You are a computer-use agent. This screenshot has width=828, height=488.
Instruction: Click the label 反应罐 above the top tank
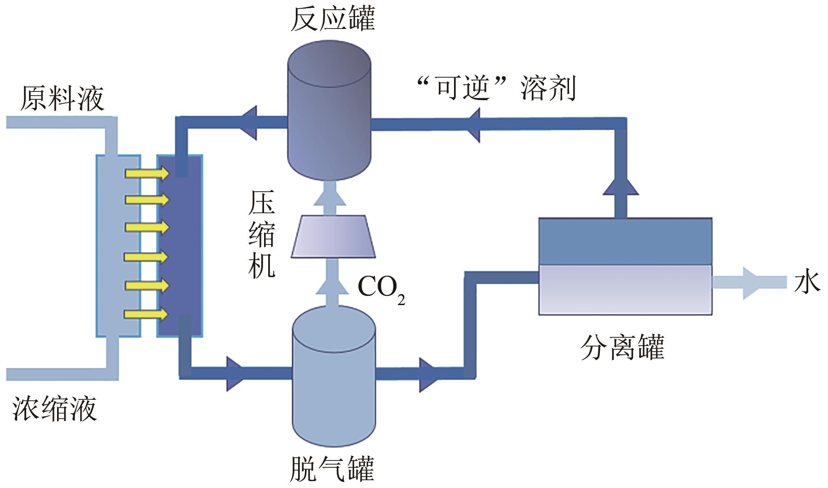pos(333,20)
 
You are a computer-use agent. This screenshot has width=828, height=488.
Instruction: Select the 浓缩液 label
pos(54,409)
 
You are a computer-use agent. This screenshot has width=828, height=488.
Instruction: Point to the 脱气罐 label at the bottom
pos(332,469)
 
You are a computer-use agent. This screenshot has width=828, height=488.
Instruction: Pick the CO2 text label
pos(381,288)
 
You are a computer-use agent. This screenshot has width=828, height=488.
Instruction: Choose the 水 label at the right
pos(807,282)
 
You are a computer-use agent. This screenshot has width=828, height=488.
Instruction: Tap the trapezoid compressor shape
pos(333,236)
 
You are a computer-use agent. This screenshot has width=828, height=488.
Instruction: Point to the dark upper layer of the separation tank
pos(625,241)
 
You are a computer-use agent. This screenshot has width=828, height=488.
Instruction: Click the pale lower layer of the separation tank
pos(625,289)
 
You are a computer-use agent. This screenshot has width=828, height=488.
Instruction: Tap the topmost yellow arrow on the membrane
pos(147,173)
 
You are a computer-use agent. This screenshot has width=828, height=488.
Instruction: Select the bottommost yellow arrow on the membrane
pos(147,314)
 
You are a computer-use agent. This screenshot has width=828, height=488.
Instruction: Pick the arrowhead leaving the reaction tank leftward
pos(249,122)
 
